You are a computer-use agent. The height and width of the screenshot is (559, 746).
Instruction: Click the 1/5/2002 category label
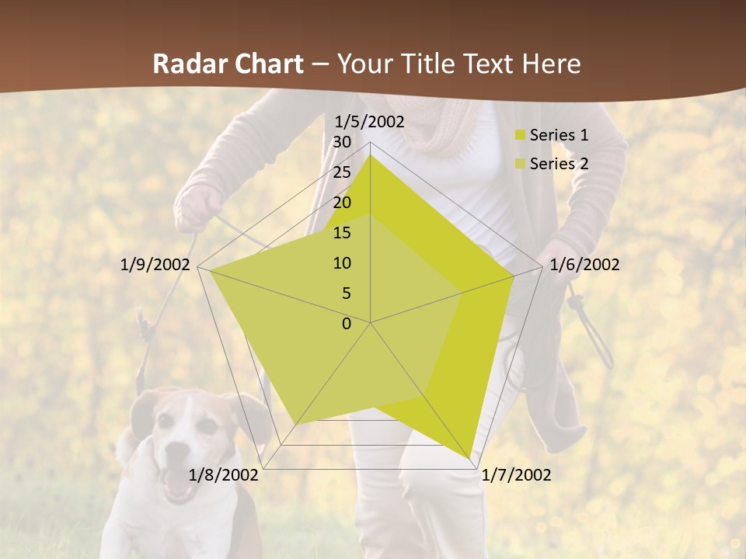pyautogui.click(x=369, y=121)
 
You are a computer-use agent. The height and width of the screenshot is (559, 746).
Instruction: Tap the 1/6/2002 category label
pyautogui.click(x=584, y=265)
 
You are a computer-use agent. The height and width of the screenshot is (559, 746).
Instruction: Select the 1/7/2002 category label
pyautogui.click(x=516, y=475)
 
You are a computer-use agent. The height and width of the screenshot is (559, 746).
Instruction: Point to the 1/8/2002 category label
pyautogui.click(x=224, y=475)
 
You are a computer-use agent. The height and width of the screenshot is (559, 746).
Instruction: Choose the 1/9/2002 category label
pyautogui.click(x=155, y=265)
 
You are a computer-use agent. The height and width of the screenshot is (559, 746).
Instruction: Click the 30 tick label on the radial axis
pyautogui.click(x=342, y=142)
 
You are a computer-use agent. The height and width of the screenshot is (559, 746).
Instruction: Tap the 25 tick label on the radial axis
pyautogui.click(x=342, y=172)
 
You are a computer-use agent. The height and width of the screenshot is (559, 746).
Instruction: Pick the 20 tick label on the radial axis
pyautogui.click(x=342, y=203)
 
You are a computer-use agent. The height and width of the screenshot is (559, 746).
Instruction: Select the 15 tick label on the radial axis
pyautogui.click(x=342, y=233)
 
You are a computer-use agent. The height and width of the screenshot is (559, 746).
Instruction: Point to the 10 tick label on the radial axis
pyautogui.click(x=342, y=263)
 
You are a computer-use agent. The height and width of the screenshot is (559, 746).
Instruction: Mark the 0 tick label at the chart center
pyautogui.click(x=347, y=324)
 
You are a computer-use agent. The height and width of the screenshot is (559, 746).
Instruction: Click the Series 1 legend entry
pyautogui.click(x=558, y=135)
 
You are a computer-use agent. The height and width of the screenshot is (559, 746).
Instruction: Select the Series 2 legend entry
pyautogui.click(x=558, y=164)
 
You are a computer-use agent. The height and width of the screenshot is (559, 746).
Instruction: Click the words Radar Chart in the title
pyautogui.click(x=228, y=64)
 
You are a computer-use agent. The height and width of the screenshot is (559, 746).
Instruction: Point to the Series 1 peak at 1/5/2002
pyautogui.click(x=370, y=155)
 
